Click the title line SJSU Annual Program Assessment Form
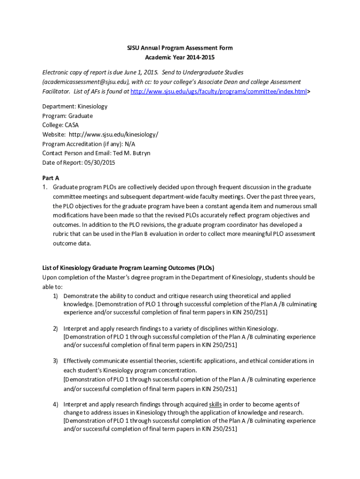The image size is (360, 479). click(180, 48)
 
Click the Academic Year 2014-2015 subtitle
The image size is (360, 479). click(180, 57)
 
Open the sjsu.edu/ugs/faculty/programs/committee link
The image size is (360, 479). click(219, 91)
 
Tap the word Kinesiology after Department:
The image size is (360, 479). click(92, 106)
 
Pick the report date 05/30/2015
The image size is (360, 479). click(99, 162)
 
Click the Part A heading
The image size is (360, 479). click(50, 178)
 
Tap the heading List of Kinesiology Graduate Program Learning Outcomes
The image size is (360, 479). click(128, 268)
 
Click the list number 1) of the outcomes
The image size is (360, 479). click(55, 296)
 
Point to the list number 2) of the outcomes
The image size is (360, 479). click(55, 328)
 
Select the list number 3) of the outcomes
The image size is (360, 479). click(55, 361)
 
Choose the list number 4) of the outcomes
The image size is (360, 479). click(55, 404)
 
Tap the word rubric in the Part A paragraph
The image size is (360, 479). click(61, 234)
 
